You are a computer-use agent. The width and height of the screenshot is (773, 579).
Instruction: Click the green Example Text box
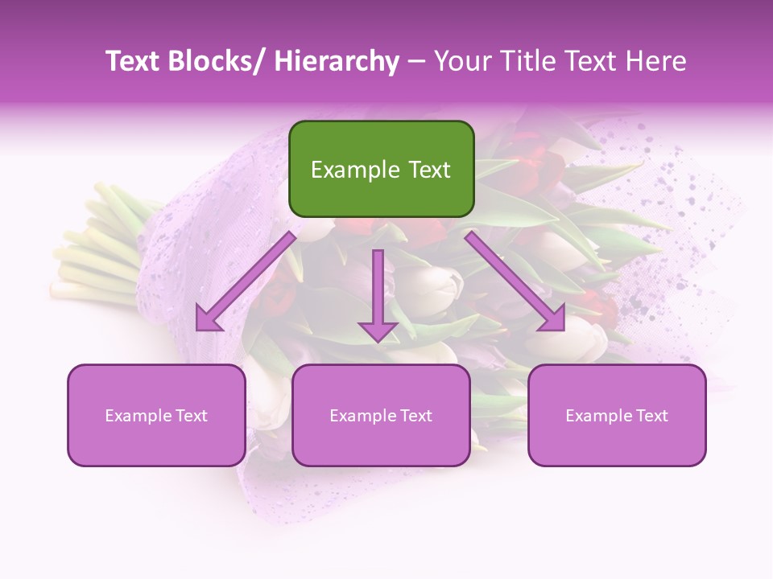click(x=381, y=169)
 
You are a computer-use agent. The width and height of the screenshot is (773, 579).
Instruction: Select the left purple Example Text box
click(x=156, y=415)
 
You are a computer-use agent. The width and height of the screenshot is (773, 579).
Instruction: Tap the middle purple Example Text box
click(x=381, y=415)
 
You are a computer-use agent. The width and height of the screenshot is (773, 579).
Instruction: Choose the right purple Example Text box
click(x=617, y=415)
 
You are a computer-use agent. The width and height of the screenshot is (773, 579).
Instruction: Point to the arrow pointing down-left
click(x=246, y=281)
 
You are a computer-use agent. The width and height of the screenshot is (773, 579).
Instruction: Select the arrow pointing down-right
click(x=515, y=281)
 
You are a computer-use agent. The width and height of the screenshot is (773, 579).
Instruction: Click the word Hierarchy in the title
click(x=336, y=61)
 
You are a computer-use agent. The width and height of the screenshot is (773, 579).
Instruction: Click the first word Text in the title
click(x=136, y=61)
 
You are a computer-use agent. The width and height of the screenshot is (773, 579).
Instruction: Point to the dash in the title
click(x=416, y=61)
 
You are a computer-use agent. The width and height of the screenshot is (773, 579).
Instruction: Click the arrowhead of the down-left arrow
click(x=208, y=320)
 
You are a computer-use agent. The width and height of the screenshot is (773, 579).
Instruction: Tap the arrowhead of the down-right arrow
click(x=554, y=320)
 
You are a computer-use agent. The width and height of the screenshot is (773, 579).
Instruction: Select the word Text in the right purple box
click(x=651, y=415)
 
